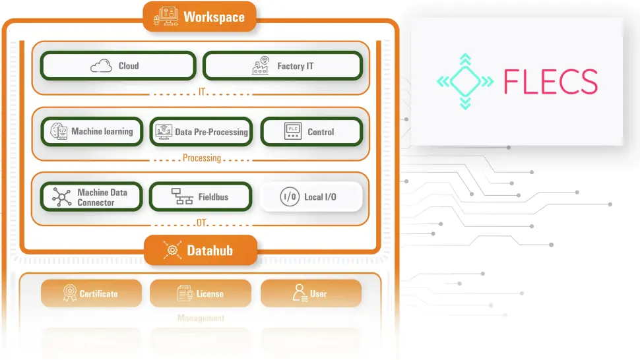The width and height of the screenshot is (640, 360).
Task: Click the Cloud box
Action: pos(118,66)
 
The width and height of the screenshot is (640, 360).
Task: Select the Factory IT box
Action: pos(282,66)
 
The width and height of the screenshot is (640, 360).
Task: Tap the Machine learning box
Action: pos(92,132)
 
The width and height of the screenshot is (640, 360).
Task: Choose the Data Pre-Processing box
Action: pos(201,132)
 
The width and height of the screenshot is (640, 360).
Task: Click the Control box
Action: pos(311,132)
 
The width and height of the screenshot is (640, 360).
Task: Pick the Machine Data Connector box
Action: pos(92,197)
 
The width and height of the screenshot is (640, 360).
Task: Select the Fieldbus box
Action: pos(201,196)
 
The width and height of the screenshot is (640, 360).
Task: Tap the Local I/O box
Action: pos(311,196)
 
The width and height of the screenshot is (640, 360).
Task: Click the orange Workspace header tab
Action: pos(199,17)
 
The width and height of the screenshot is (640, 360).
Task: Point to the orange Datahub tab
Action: pos(201,251)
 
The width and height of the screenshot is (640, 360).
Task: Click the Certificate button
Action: pos(92,293)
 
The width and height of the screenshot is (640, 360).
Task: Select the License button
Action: pos(201,293)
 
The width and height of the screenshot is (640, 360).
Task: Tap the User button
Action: pos(311,293)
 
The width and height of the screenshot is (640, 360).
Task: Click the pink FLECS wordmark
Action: pos(550,82)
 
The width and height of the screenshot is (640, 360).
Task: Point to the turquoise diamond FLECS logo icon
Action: pos(465,82)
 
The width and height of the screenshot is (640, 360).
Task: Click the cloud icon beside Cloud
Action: pos(101,66)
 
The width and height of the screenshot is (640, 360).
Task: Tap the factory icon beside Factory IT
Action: pos(261,65)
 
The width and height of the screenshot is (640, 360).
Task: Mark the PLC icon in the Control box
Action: pos(292,131)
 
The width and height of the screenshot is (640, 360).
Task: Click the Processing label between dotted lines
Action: pos(201,158)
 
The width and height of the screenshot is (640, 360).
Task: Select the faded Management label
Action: pos(201,318)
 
